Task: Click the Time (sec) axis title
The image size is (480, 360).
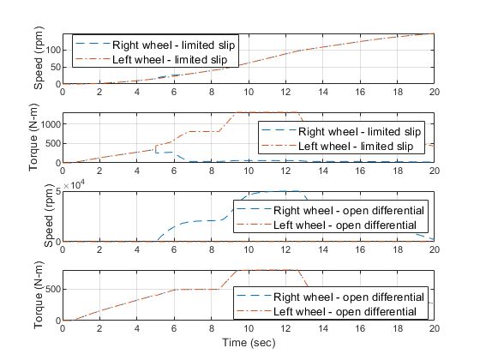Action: tap(249, 343)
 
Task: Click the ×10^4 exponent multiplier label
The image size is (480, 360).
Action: tap(74, 185)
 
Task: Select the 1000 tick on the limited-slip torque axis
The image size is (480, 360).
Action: tap(51, 124)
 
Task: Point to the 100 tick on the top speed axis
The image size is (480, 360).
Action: tap(53, 50)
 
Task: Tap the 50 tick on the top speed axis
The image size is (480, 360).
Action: tap(56, 67)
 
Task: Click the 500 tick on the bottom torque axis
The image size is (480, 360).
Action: tap(53, 290)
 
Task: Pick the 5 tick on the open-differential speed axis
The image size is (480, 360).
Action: tap(58, 192)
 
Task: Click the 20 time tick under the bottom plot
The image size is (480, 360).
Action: tap(434, 328)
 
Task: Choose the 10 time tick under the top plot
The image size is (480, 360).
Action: tap(249, 92)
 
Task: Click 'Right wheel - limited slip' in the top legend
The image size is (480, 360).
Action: tap(173, 45)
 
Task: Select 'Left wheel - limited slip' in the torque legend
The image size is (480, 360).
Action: tap(356, 146)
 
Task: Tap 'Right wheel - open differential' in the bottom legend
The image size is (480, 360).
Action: tap(349, 297)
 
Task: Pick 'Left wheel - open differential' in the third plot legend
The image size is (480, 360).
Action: tap(345, 225)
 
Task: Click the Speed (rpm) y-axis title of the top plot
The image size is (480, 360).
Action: tap(39, 58)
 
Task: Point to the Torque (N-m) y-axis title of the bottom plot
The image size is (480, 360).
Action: tap(39, 295)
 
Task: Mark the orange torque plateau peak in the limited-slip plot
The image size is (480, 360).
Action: tap(267, 112)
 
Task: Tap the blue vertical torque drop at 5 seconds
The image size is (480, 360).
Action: tap(156, 149)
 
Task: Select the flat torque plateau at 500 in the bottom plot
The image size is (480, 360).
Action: tap(196, 290)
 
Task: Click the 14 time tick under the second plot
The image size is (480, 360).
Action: tap(323, 171)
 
